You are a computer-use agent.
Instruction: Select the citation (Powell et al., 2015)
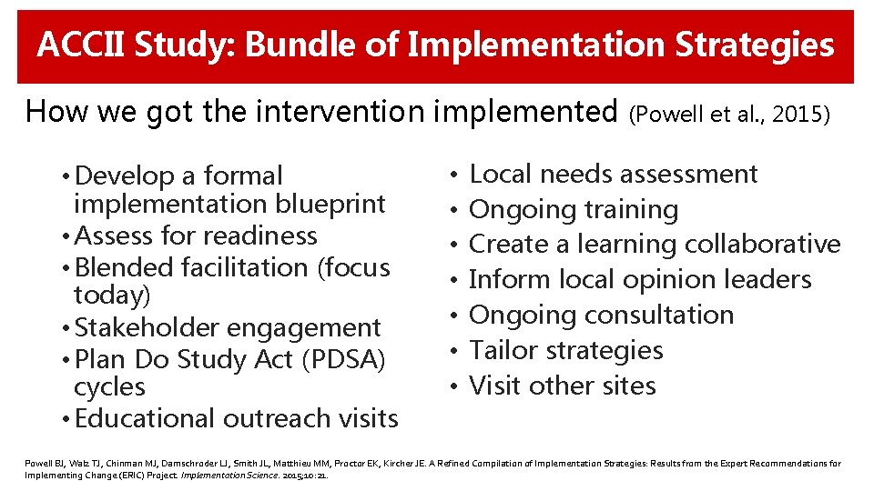729,115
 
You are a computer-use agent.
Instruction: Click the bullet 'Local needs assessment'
613,174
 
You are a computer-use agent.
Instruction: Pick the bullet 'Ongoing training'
574,209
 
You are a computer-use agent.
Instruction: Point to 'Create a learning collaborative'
655,245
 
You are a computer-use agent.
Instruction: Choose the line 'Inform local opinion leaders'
640,279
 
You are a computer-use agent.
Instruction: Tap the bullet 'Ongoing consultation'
601,315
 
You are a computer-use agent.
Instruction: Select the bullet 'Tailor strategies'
565,350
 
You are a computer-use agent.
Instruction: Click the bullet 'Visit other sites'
562,386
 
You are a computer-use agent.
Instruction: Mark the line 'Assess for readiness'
196,235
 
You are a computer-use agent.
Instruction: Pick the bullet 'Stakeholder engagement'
228,327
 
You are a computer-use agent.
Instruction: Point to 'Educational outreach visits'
237,418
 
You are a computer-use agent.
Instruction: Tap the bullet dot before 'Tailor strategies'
453,351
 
